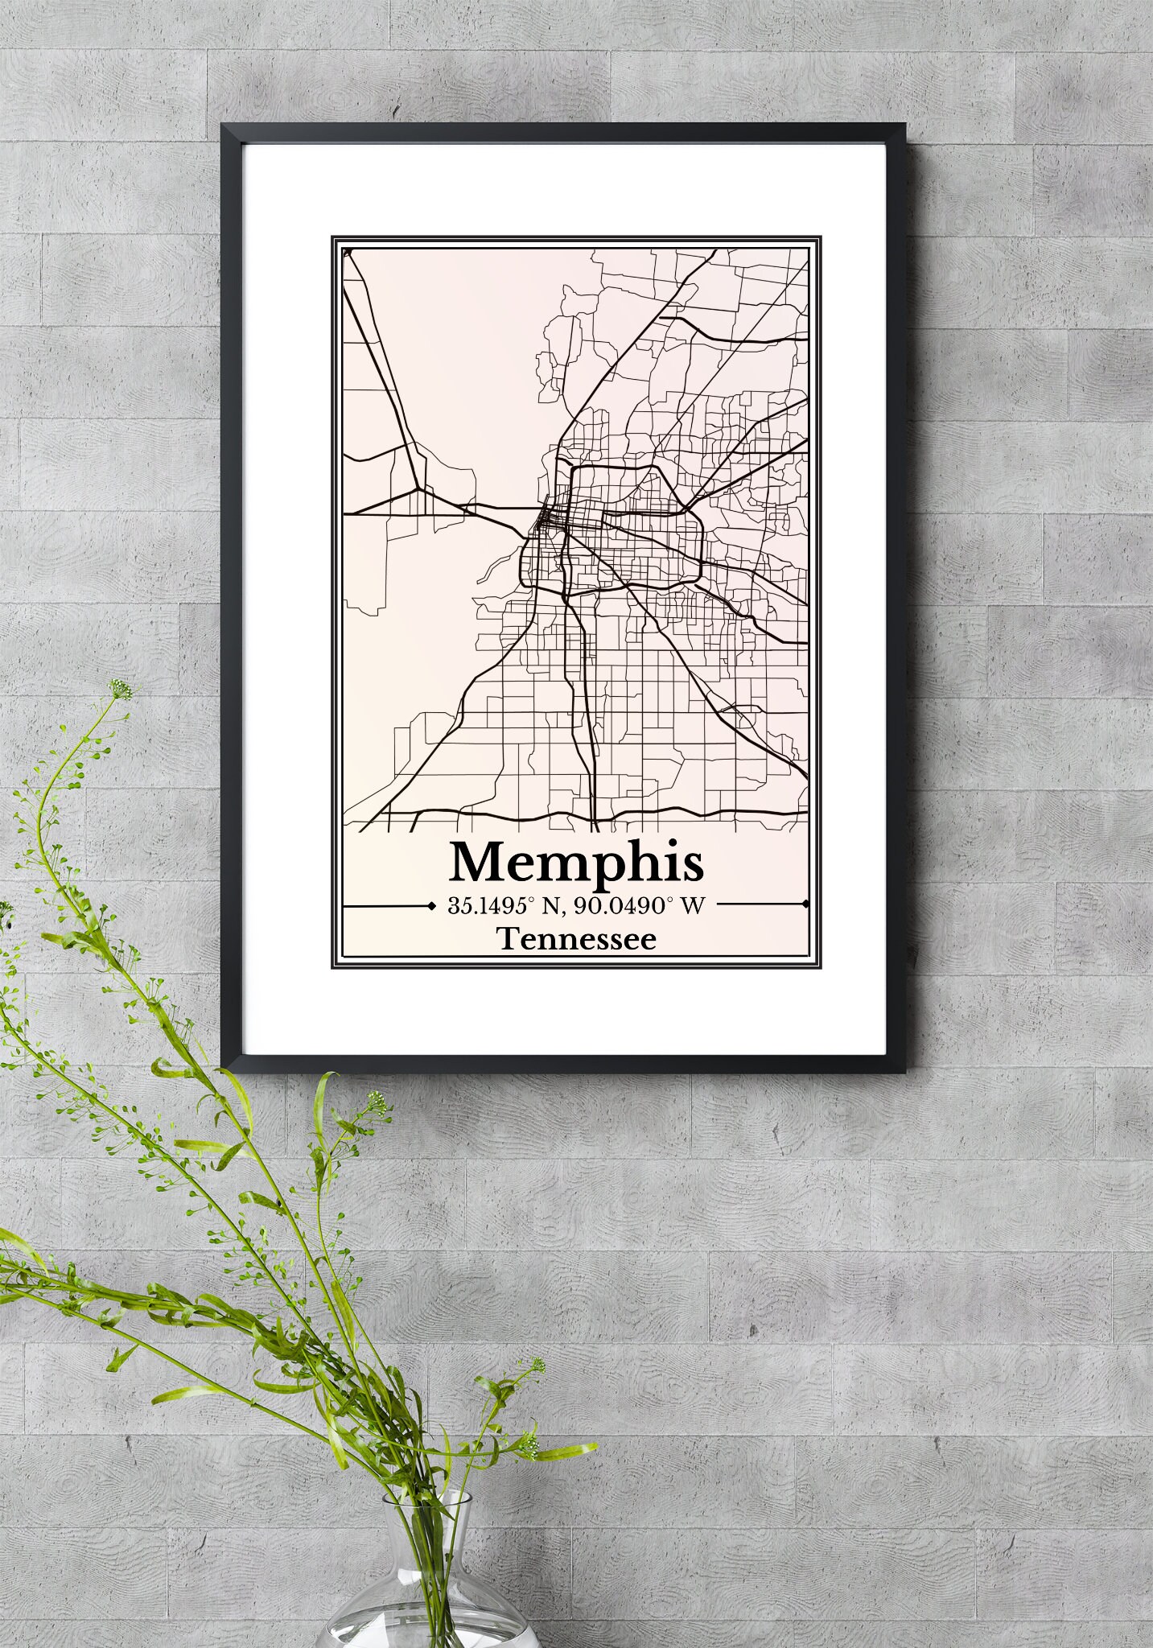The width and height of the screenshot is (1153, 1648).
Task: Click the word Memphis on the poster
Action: click(577, 862)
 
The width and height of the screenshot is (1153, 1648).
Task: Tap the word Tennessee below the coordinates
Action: click(576, 939)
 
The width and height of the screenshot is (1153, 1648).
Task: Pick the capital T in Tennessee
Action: click(508, 939)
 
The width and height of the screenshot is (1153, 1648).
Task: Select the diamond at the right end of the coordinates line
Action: click(805, 905)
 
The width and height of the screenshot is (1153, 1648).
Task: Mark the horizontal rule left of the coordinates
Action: click(386, 906)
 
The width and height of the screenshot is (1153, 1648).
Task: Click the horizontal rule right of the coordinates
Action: click(760, 905)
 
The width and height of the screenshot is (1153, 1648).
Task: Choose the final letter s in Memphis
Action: click(694, 865)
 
